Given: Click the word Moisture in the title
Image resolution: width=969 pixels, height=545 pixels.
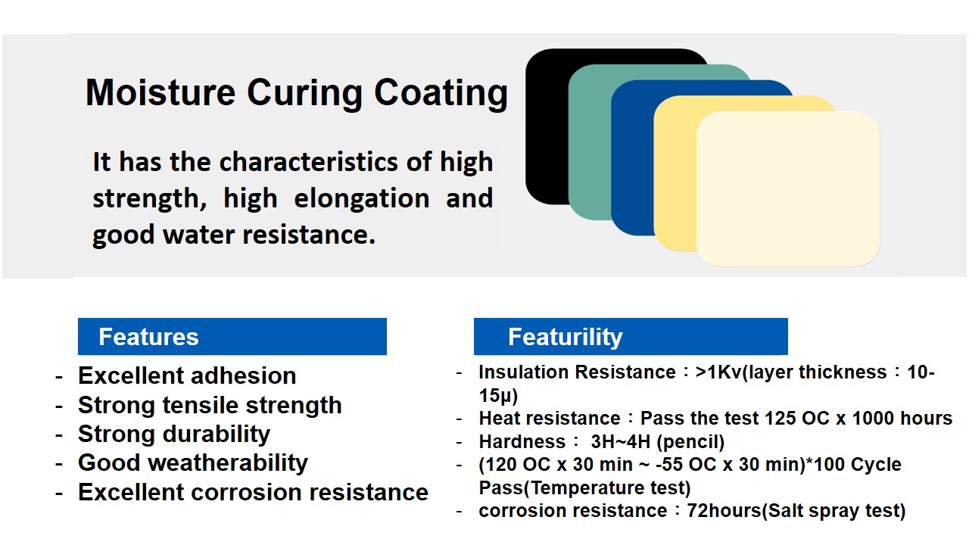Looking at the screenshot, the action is coord(160,92).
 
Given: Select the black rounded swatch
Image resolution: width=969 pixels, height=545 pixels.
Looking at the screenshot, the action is coord(547,126).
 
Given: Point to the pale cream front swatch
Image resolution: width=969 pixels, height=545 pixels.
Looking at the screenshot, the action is coord(788,188).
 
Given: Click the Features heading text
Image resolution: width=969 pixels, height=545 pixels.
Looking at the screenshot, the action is coord(148,337).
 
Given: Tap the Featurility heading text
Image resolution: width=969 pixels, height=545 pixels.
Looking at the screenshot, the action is coord(565,338).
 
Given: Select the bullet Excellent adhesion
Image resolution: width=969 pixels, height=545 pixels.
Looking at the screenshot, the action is coord(187,375).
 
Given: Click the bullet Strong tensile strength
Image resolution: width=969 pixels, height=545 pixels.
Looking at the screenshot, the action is coord(210,406).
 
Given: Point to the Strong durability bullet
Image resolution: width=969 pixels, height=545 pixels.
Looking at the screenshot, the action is coord(174,434).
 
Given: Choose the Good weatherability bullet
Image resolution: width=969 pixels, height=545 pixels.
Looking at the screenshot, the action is coord(193,462).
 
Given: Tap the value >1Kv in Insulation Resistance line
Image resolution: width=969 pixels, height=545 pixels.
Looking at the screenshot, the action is coord(718,372).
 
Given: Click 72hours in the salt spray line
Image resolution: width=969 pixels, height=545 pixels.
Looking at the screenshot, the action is coord(724,511).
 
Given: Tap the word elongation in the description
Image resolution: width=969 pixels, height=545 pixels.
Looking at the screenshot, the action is coord(362,198).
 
